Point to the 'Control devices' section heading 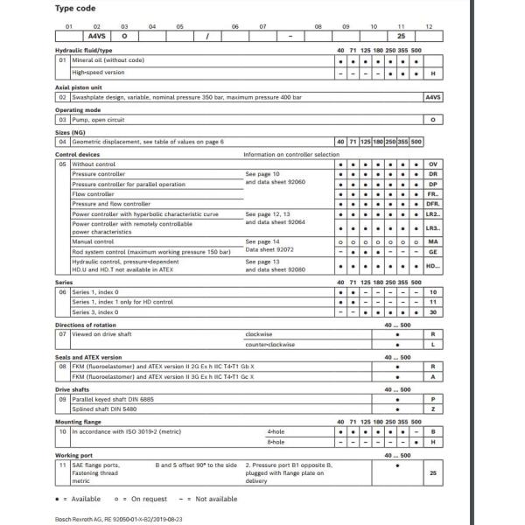(77, 153)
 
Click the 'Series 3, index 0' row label (95, 311)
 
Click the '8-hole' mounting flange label (275, 441)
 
